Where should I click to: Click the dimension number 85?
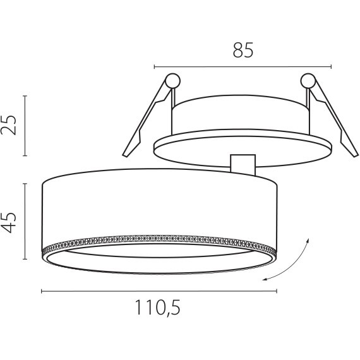[243, 50]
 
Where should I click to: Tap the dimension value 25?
[9, 125]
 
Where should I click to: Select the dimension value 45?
[9, 222]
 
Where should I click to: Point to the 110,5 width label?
[158, 308]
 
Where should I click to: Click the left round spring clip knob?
[172, 81]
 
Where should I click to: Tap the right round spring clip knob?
[308, 81]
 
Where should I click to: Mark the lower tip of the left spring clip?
[125, 155]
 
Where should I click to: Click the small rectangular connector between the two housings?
[243, 165]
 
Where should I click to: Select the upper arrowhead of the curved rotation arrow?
[308, 240]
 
